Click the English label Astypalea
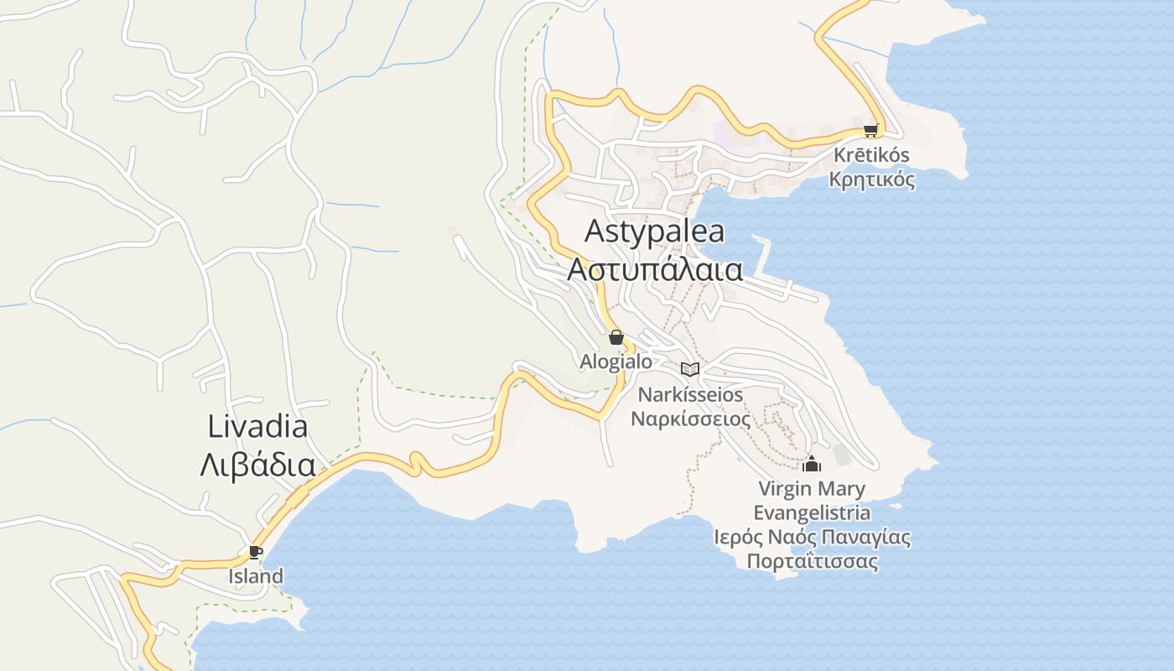click(654, 231)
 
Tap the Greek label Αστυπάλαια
click(655, 270)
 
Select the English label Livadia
click(257, 426)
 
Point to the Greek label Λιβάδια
click(257, 465)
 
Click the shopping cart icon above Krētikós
click(870, 131)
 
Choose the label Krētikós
click(871, 156)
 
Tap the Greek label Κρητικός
click(871, 179)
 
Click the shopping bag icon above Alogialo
click(616, 337)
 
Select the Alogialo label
click(616, 362)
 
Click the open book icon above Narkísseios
click(690, 369)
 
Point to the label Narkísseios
click(690, 393)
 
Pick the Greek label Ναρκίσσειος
click(690, 418)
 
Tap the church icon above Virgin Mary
click(812, 464)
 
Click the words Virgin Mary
click(812, 488)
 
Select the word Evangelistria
click(812, 512)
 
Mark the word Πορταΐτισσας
click(812, 561)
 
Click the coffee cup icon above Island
click(256, 552)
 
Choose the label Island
click(256, 576)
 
